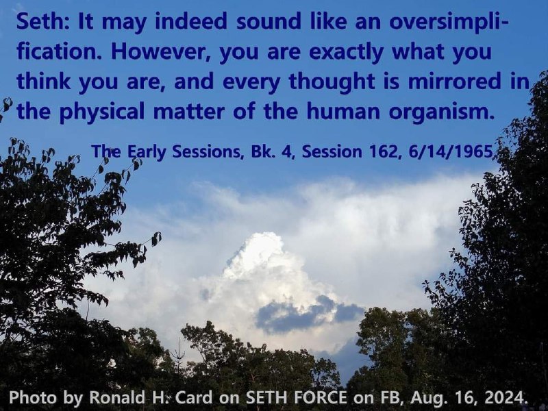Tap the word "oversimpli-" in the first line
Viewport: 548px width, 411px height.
click(x=449, y=23)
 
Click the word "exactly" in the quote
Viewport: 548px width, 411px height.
click(x=347, y=53)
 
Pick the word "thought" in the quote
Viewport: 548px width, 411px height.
click(x=331, y=82)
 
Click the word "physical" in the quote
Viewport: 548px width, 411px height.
click(x=101, y=112)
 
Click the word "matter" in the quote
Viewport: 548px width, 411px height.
click(x=189, y=112)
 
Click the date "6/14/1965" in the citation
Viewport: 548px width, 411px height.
click(x=450, y=152)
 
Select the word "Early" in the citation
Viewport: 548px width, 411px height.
click(x=146, y=152)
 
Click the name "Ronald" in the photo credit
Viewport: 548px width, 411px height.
click(x=117, y=397)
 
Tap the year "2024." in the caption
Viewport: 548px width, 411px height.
click(x=506, y=397)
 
